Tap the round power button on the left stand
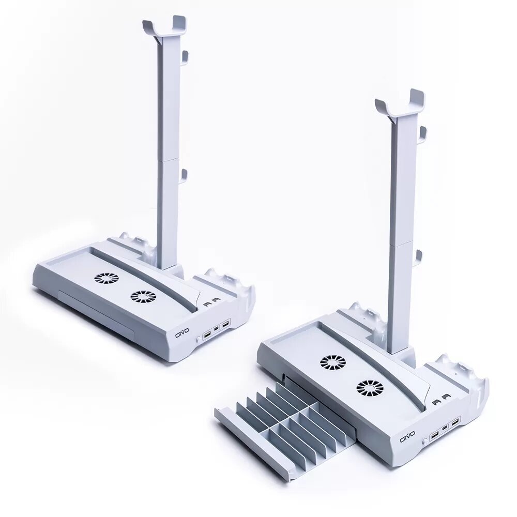click(x=197, y=339)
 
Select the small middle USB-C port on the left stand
click(x=216, y=329)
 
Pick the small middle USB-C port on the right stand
click(x=445, y=428)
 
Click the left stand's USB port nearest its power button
click(x=207, y=335)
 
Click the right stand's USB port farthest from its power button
click(x=455, y=422)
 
